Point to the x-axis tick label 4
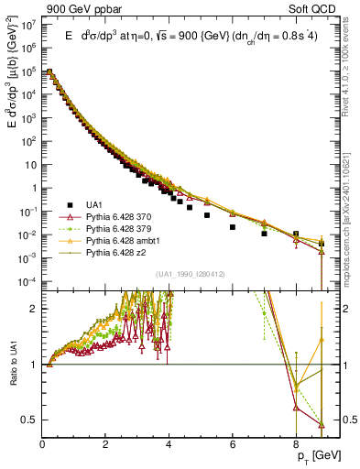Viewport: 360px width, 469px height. pos(169,446)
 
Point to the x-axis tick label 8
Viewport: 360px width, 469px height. pos(296,446)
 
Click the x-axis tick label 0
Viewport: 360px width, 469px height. pos(42,446)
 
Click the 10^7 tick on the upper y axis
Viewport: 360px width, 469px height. pos(29,25)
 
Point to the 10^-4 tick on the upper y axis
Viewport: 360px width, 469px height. pos(29,280)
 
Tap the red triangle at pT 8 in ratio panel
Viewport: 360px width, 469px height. pos(296,408)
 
